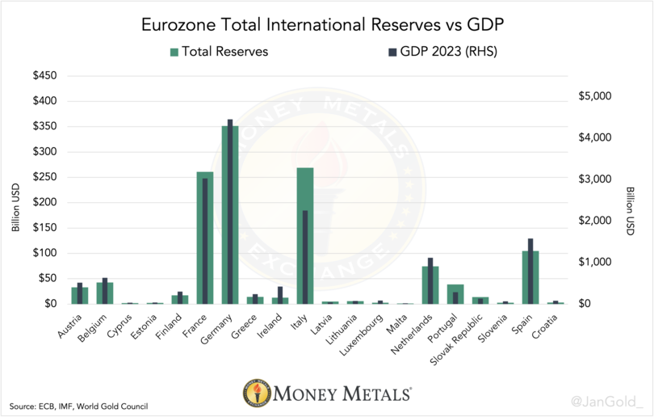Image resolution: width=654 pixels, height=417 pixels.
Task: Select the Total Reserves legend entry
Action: click(219, 52)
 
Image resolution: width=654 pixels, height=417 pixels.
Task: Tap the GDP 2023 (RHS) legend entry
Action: click(442, 52)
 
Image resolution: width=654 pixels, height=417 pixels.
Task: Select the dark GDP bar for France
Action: click(205, 242)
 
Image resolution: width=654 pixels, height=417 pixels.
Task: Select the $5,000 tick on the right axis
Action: click(595, 96)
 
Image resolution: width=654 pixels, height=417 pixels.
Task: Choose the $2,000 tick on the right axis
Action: click(595, 221)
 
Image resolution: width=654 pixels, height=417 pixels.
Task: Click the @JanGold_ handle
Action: click(606, 400)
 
